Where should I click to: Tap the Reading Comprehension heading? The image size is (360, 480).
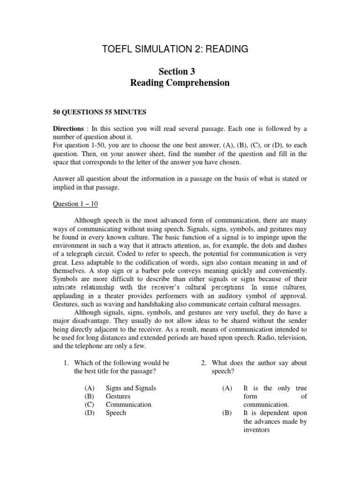pos(180,83)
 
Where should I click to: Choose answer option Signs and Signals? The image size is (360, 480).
pos(131,388)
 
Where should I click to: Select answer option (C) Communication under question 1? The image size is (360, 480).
pos(128,405)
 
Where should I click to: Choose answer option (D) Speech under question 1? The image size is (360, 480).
pos(116,413)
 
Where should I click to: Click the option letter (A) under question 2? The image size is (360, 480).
pos(227,388)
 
